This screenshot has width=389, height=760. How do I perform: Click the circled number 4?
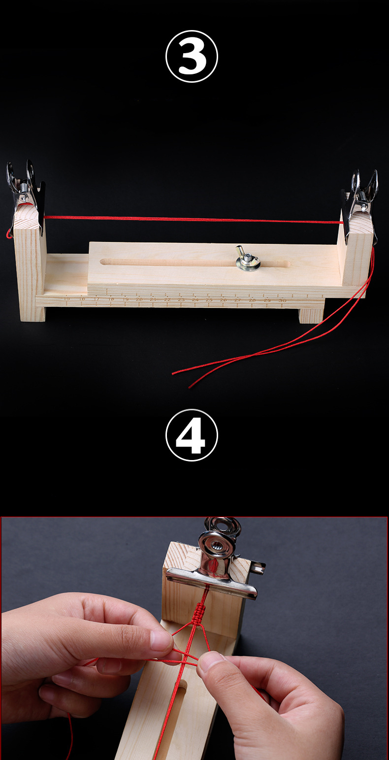coord(192,435)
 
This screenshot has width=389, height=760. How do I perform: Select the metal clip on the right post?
coord(361,197)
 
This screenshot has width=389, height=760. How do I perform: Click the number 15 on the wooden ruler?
coord(67,298)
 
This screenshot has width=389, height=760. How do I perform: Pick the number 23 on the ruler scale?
coord(181,299)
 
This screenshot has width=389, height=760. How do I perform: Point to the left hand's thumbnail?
coord(161,639)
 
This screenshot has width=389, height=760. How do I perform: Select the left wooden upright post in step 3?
coord(29,266)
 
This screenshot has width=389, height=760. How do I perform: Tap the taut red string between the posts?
coord(192,219)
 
